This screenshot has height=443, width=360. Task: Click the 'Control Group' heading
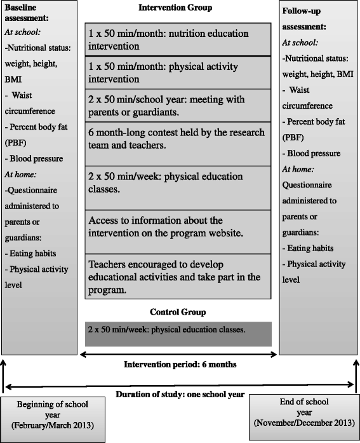click(178, 312)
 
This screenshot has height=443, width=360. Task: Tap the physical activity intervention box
click(178, 72)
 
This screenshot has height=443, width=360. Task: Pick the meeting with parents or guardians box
click(178, 105)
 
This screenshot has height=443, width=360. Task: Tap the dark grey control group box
click(178, 334)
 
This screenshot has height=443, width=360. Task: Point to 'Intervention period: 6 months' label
click(180, 364)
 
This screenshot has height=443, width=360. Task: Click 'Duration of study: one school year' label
click(180, 394)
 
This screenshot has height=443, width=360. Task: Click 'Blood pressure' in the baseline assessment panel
click(32, 157)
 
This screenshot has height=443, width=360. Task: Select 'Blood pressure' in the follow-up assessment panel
click(313, 153)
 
